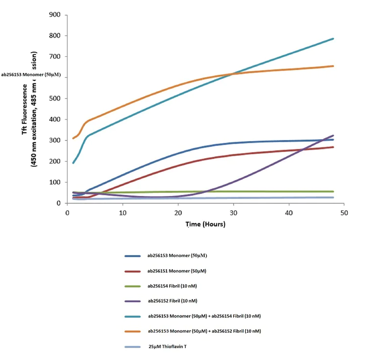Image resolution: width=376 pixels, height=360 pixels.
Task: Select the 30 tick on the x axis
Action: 234,213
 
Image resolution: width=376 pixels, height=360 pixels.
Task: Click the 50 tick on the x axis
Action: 344,213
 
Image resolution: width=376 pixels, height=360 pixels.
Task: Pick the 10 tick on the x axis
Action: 123,213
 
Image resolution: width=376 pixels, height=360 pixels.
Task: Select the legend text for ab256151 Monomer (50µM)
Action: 180,271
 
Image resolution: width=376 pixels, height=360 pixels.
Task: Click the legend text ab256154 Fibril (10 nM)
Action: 175,286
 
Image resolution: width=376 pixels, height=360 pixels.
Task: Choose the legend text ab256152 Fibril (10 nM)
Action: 176,301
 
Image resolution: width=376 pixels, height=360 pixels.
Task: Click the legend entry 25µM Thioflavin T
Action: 169,346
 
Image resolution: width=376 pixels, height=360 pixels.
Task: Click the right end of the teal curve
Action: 333,38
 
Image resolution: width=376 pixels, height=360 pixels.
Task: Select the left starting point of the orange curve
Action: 73,138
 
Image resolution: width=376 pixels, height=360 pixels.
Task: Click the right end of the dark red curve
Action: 333,147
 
